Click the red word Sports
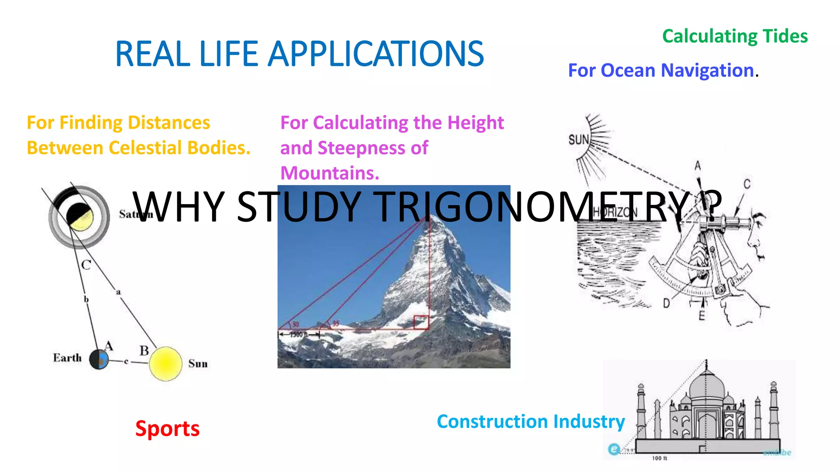167,429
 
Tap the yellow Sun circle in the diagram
165,364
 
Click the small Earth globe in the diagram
99,360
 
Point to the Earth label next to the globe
67,358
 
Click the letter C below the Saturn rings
86,265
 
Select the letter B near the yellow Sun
144,351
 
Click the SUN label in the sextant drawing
578,140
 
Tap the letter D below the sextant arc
667,303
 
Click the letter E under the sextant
702,315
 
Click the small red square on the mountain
421,322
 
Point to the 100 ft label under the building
660,458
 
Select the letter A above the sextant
698,166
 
